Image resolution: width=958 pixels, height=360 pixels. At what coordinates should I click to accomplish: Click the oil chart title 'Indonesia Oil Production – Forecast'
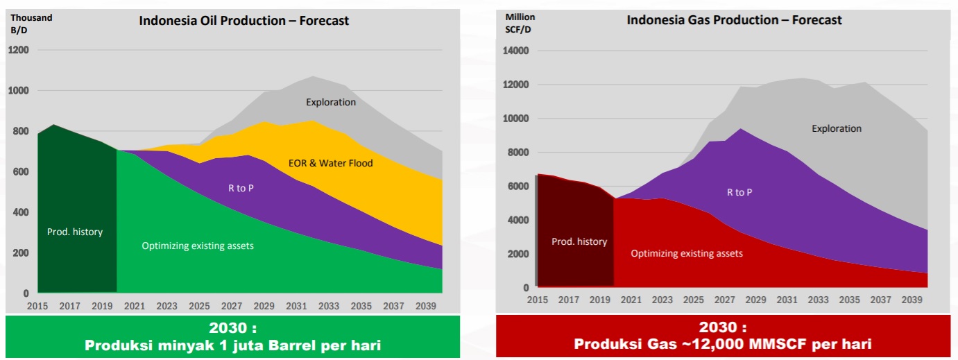243,21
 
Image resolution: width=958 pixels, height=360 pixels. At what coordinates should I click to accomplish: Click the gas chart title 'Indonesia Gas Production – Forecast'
734,20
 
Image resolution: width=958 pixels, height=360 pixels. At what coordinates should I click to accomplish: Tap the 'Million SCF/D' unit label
519,23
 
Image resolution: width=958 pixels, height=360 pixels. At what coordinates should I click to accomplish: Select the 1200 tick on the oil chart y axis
18,50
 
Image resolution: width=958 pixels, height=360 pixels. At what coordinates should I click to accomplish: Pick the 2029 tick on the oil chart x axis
264,305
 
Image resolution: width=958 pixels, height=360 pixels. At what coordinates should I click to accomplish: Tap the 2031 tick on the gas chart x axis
787,300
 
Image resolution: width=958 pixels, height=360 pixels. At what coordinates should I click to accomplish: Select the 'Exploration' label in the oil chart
331,103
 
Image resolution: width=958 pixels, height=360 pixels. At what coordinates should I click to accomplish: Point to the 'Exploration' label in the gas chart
837,128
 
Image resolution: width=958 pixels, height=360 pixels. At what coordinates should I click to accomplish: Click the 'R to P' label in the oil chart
241,188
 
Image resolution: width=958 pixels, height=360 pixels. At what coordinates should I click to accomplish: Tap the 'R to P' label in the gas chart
739,192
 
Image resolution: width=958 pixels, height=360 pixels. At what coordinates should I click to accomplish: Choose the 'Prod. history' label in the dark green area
75,232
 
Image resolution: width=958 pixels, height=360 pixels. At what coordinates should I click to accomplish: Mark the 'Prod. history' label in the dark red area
579,241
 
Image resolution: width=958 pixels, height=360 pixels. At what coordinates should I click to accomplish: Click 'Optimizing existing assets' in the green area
198,246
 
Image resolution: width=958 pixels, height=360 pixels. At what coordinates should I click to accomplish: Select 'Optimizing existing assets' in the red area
687,253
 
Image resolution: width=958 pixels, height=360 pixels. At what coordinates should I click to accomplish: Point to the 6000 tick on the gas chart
519,186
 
